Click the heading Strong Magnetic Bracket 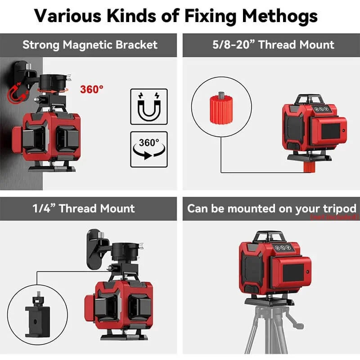point(90,45)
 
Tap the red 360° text point(92,89)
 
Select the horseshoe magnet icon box point(148,106)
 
